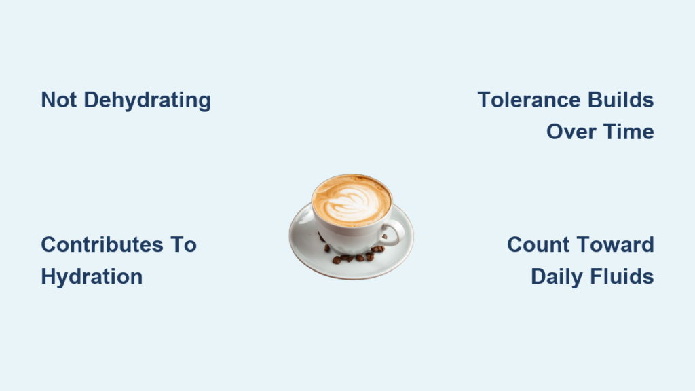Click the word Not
coord(58,100)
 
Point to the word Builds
coord(620,100)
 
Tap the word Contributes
coord(102,244)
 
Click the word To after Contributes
coord(183,244)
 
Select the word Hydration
coord(92,278)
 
